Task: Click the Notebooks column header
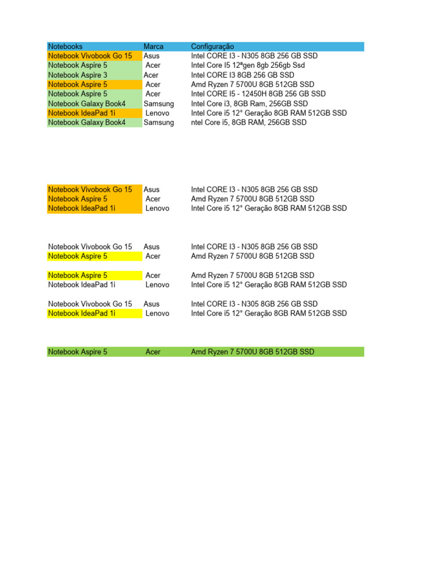click(66, 46)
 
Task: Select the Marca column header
click(154, 46)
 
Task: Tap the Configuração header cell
click(212, 46)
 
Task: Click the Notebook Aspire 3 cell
click(78, 75)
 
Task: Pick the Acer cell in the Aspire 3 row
click(151, 75)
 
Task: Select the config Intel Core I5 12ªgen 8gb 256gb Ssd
click(248, 65)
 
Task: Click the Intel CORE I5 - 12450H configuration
click(258, 94)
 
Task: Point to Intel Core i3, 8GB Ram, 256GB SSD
click(249, 104)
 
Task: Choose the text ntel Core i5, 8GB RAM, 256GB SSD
click(249, 122)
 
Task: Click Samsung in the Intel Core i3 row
click(159, 104)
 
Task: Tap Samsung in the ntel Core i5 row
click(159, 122)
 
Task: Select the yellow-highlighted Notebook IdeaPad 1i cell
click(82, 313)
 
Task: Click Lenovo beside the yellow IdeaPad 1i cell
click(157, 313)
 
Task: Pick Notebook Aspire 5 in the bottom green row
click(78, 352)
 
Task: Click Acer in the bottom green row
click(153, 352)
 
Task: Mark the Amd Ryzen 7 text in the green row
click(253, 352)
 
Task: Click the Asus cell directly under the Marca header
click(151, 56)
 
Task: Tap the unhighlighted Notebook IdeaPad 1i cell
click(82, 285)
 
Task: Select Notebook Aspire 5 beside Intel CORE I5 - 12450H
click(78, 94)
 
